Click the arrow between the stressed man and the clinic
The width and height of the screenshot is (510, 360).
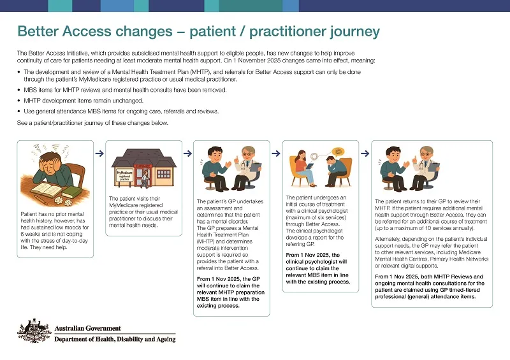99,153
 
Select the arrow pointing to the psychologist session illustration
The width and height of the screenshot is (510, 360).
277,153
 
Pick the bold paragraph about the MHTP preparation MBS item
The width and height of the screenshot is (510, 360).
229,291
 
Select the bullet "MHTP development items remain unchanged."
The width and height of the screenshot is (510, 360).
84,101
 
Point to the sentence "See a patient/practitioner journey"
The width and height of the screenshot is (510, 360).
92,123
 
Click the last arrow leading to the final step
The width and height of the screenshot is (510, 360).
365,153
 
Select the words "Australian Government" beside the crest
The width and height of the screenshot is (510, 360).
87,329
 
